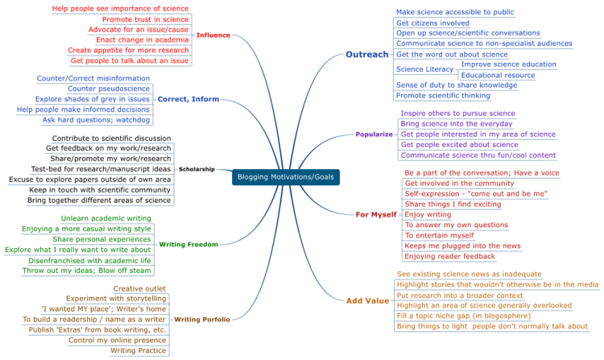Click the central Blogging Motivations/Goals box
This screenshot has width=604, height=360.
click(286, 177)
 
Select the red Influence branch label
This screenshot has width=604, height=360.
click(213, 35)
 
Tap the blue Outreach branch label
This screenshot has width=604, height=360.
click(367, 54)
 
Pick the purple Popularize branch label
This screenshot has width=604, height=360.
click(374, 134)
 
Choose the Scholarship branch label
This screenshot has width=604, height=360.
click(197, 169)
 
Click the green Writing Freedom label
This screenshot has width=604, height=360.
click(188, 244)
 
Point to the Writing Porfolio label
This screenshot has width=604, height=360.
click(202, 319)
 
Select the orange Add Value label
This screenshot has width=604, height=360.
click(367, 300)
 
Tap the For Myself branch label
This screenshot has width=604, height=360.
click(376, 214)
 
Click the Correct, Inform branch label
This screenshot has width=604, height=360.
click(188, 99)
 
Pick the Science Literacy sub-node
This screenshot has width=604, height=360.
click(424, 69)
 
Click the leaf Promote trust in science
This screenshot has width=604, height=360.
click(145, 19)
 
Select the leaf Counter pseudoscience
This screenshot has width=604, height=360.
click(108, 89)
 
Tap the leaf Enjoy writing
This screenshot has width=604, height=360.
click(428, 214)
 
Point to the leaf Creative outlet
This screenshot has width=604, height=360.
click(139, 288)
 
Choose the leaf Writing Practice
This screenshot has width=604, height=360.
click(138, 350)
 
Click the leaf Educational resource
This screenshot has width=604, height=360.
click(498, 75)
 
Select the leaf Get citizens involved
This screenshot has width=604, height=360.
click(432, 23)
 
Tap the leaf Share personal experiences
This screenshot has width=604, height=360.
click(101, 239)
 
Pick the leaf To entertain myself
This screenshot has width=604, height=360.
click(439, 235)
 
